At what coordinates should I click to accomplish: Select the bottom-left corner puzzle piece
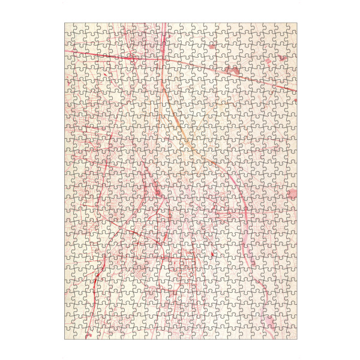pyautogui.click(x=70, y=334)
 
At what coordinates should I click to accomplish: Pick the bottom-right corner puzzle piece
pyautogui.click(x=291, y=334)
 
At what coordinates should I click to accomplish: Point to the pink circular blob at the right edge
pyautogui.click(x=292, y=193)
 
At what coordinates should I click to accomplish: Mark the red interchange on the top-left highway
pyautogui.click(x=130, y=57)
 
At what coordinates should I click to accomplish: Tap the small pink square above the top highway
pyautogui.click(x=212, y=46)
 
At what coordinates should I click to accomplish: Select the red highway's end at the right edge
pyautogui.click(x=295, y=91)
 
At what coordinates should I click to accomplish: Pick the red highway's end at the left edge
pyautogui.click(x=67, y=52)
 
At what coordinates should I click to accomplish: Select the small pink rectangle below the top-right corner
pyautogui.click(x=281, y=58)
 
